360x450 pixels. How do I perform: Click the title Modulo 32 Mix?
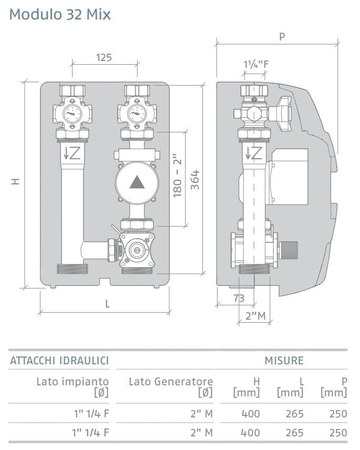[x=60, y=14]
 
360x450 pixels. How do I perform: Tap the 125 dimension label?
[x=104, y=58]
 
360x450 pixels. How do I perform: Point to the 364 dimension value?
[x=195, y=180]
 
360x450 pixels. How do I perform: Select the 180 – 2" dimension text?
[x=178, y=176]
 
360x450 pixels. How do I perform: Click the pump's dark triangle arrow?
[x=137, y=182]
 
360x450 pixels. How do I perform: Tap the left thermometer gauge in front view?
[x=73, y=114]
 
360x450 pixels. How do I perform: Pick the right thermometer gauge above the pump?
[x=137, y=114]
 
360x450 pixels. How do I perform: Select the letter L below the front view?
[x=107, y=304]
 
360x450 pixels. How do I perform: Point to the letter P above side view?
[x=282, y=37]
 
